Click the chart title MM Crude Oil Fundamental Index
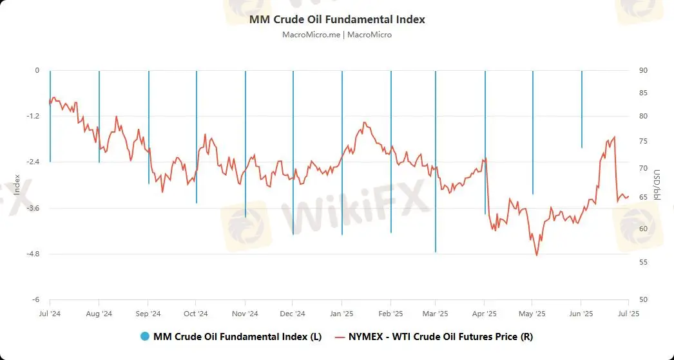click(x=337, y=19)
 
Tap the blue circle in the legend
click(x=144, y=336)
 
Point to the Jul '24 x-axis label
click(x=50, y=314)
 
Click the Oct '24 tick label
click(x=195, y=314)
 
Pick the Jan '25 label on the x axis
click(x=341, y=314)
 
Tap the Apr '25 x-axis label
click(x=484, y=314)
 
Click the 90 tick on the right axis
click(x=642, y=70)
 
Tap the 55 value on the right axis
click(x=642, y=262)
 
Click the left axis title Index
click(x=17, y=185)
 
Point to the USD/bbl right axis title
click(x=657, y=185)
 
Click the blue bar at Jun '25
click(x=582, y=109)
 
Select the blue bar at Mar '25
click(x=436, y=161)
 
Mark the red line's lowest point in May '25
click(x=536, y=255)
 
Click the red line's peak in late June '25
click(x=615, y=137)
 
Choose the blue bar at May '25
click(x=533, y=132)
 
